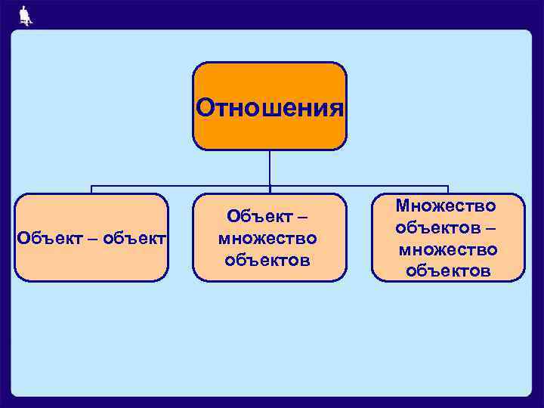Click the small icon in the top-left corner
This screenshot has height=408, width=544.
[26, 15]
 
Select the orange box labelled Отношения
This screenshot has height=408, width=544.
[270, 106]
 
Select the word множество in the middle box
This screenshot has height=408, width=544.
[267, 239]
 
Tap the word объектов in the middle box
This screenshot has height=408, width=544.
[267, 261]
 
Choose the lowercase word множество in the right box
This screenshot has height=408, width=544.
[448, 249]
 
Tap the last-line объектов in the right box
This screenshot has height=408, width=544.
[448, 270]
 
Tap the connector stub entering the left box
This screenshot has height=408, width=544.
[92, 190]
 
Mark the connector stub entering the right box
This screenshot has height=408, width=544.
[448, 190]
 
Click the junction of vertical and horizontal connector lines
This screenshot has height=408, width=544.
[270, 185]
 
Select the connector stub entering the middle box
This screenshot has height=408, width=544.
[270, 190]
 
